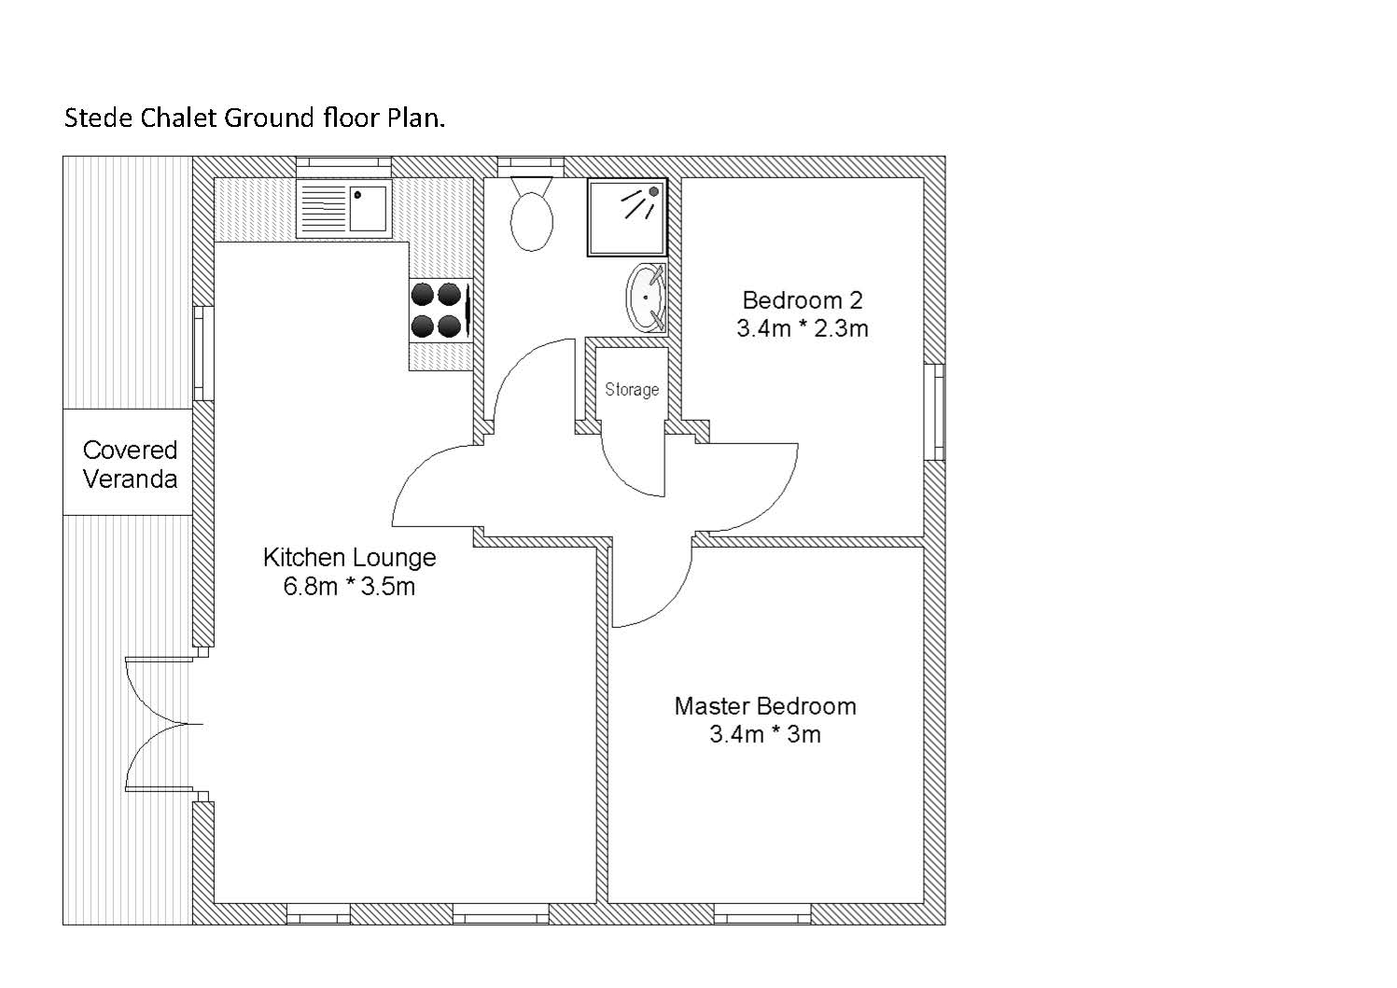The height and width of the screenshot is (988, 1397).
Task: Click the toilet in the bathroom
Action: pyautogui.click(x=531, y=214)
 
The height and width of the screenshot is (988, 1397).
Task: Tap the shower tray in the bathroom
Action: pyautogui.click(x=627, y=217)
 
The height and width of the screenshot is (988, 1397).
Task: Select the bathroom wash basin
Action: pyautogui.click(x=647, y=299)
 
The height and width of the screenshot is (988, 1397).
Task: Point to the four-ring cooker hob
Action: pyautogui.click(x=440, y=310)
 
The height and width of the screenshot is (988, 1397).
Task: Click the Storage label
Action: pyautogui.click(x=632, y=390)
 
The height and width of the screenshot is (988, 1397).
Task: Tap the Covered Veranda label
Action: pyautogui.click(x=130, y=465)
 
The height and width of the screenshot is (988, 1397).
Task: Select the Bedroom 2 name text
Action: pyautogui.click(x=802, y=300)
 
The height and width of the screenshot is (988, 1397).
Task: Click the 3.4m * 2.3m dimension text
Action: pyautogui.click(x=802, y=328)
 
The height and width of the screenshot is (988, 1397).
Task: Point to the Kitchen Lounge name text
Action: pyautogui.click(x=349, y=557)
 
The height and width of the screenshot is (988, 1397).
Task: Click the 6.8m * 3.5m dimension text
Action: pyautogui.click(x=349, y=586)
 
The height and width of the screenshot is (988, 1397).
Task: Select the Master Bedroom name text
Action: pyautogui.click(x=765, y=706)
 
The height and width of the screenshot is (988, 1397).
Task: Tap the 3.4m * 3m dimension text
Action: pyautogui.click(x=765, y=734)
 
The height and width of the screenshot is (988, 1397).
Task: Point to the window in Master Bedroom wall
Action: pyautogui.click(x=762, y=913)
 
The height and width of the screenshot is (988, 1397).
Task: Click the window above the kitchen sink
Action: pyautogui.click(x=343, y=166)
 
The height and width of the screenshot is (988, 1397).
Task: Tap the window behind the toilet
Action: pyautogui.click(x=531, y=166)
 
